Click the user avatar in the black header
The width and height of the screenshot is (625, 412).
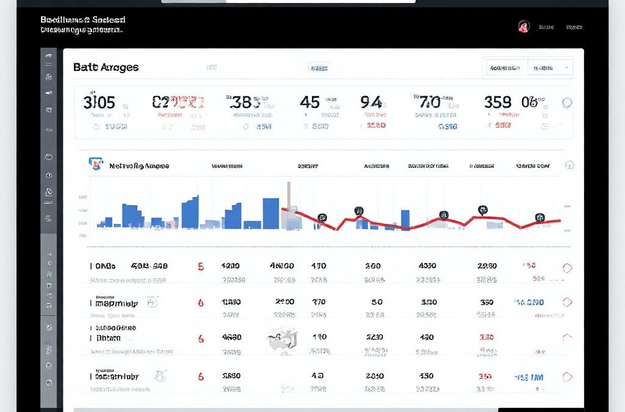(523, 26)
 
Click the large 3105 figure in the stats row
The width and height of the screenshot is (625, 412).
(99, 102)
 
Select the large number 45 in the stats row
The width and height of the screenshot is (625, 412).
(309, 102)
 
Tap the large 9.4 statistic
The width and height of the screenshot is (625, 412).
(370, 102)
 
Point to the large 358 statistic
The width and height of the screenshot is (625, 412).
(497, 102)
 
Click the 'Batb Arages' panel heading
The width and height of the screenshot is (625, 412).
(106, 67)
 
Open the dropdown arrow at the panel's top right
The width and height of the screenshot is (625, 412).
(567, 67)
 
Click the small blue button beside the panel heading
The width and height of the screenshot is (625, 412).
(318, 67)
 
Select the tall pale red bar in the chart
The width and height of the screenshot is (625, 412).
(289, 204)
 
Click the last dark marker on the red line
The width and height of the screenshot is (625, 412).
(539, 217)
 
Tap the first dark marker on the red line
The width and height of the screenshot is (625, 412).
(322, 217)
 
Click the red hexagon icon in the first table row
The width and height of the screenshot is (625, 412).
(567, 267)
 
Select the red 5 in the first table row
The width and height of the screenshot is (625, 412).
(200, 267)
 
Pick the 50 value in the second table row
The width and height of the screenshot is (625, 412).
(377, 302)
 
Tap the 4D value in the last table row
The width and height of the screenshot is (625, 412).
(317, 376)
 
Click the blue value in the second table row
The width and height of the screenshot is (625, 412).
(530, 302)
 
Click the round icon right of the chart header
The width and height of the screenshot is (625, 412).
(569, 165)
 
